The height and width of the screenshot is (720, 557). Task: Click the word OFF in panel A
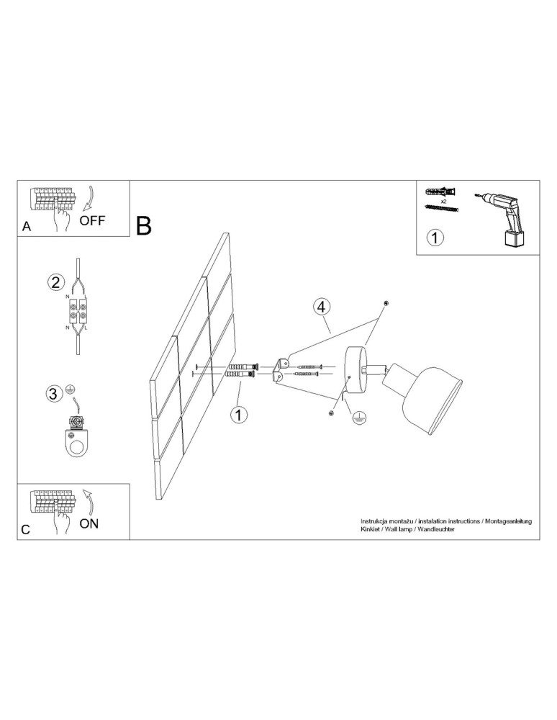click(91, 220)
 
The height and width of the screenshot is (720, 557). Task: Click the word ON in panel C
click(89, 523)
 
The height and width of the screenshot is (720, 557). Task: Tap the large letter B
click(144, 226)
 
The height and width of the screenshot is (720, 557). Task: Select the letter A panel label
click(27, 226)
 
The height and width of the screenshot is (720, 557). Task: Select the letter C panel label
click(26, 529)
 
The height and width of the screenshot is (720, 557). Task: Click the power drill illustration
click(504, 217)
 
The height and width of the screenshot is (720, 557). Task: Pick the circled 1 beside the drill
click(435, 238)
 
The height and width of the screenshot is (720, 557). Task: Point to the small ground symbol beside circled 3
click(71, 389)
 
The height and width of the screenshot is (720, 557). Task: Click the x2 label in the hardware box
click(444, 202)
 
